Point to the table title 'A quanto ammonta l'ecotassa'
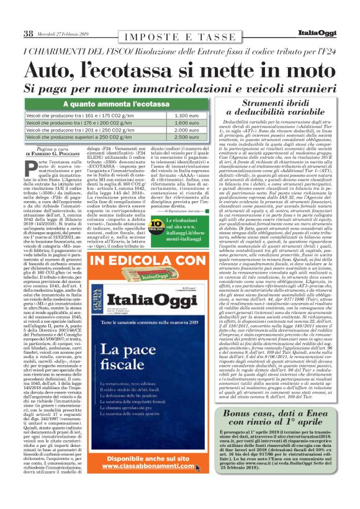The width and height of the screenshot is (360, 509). (x=115, y=104)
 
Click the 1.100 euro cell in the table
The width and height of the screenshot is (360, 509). (x=186, y=116)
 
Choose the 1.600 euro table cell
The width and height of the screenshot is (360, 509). (x=186, y=123)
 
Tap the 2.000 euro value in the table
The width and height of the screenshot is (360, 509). (x=186, y=130)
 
